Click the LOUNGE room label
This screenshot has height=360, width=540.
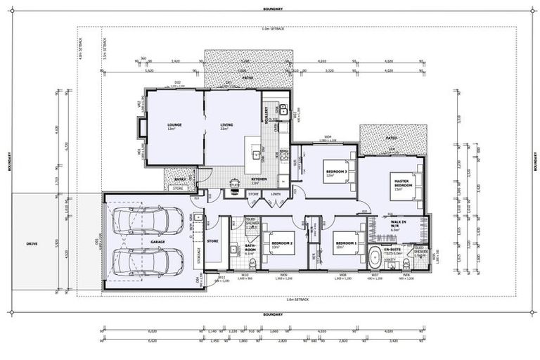(174, 125)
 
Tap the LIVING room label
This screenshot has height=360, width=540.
(226, 125)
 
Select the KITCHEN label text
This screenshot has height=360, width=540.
(259, 179)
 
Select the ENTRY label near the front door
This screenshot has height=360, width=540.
(180, 179)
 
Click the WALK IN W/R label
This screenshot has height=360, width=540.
(398, 225)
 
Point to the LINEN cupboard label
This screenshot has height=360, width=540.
(275, 194)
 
